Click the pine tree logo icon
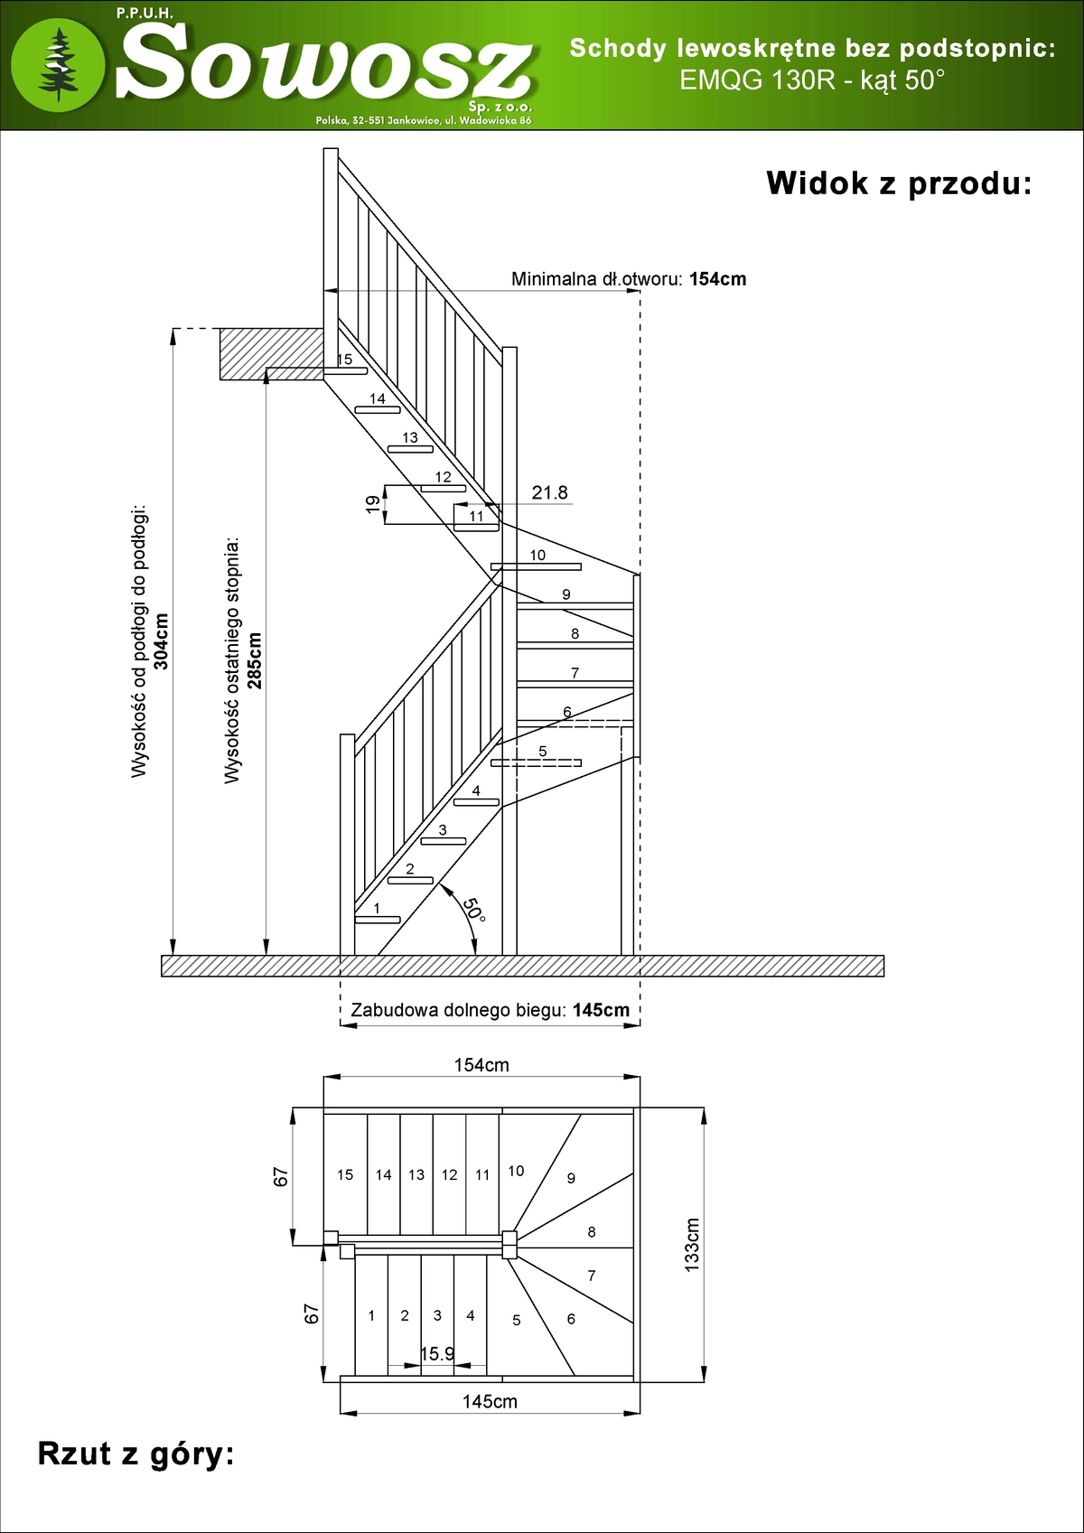coord(58,64)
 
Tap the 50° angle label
coord(473,910)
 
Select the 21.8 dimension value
coord(549,492)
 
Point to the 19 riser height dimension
coord(373,504)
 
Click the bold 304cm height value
coord(162,641)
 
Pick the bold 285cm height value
coord(254,660)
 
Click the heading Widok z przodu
coord(899,184)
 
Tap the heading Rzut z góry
coord(135,1454)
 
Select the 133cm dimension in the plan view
coord(692,1245)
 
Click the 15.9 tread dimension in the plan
coord(437,1353)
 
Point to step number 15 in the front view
coord(344,360)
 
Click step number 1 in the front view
coord(377,908)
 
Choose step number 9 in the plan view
coord(571,1178)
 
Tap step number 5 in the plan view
coord(516,1320)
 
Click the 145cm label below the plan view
coord(490,1401)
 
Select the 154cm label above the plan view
coord(481,1065)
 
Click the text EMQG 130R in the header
coord(758,80)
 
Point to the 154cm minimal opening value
coord(717,279)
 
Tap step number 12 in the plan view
coord(449,1175)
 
